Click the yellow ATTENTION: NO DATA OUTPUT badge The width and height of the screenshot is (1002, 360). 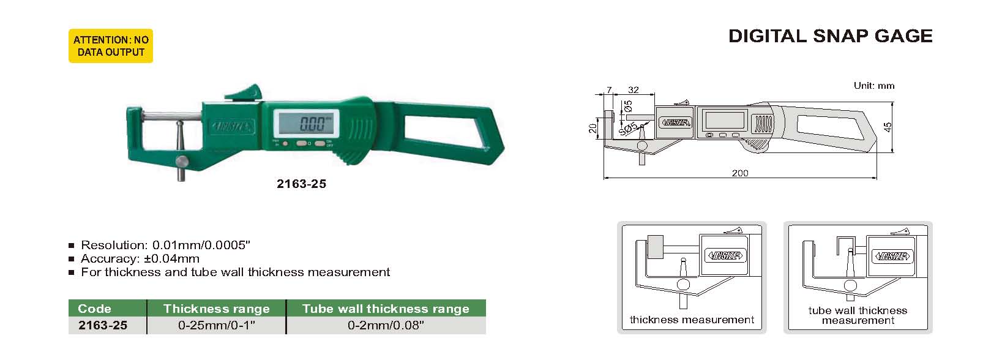tap(111, 46)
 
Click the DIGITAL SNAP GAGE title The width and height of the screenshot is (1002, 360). tap(830, 36)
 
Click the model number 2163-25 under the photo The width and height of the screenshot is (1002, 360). tap(302, 184)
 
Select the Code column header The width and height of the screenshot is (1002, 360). tap(94, 309)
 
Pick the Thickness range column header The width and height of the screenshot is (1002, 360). tap(217, 309)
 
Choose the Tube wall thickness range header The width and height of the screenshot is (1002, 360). tap(386, 309)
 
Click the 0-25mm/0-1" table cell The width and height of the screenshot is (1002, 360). tap(217, 325)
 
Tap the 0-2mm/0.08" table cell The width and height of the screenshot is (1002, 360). tap(386, 325)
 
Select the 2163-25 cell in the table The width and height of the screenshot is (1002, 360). tap(103, 325)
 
